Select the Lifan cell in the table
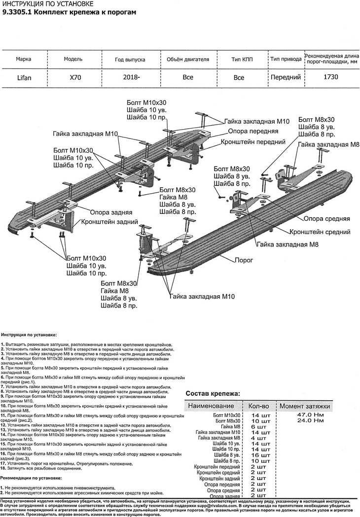click(23, 77)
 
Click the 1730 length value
click(330, 77)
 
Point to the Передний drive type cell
click(286, 77)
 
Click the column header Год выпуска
click(130, 59)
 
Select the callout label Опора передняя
click(252, 132)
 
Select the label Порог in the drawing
click(244, 260)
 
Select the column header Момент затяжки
click(311, 406)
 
